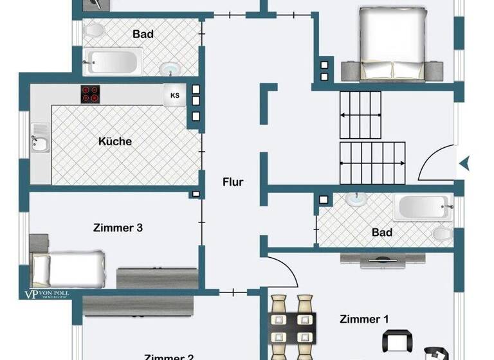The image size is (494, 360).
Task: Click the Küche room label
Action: [x=115, y=141]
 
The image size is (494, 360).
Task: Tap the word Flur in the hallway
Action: [x=233, y=182]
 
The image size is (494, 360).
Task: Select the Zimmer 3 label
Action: [x=118, y=228]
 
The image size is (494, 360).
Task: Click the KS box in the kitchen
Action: [x=174, y=95]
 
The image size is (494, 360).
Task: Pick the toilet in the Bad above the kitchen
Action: [x=95, y=30]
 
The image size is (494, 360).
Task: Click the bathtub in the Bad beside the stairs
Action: [x=421, y=207]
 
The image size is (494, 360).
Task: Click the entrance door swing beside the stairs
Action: [x=437, y=162]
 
